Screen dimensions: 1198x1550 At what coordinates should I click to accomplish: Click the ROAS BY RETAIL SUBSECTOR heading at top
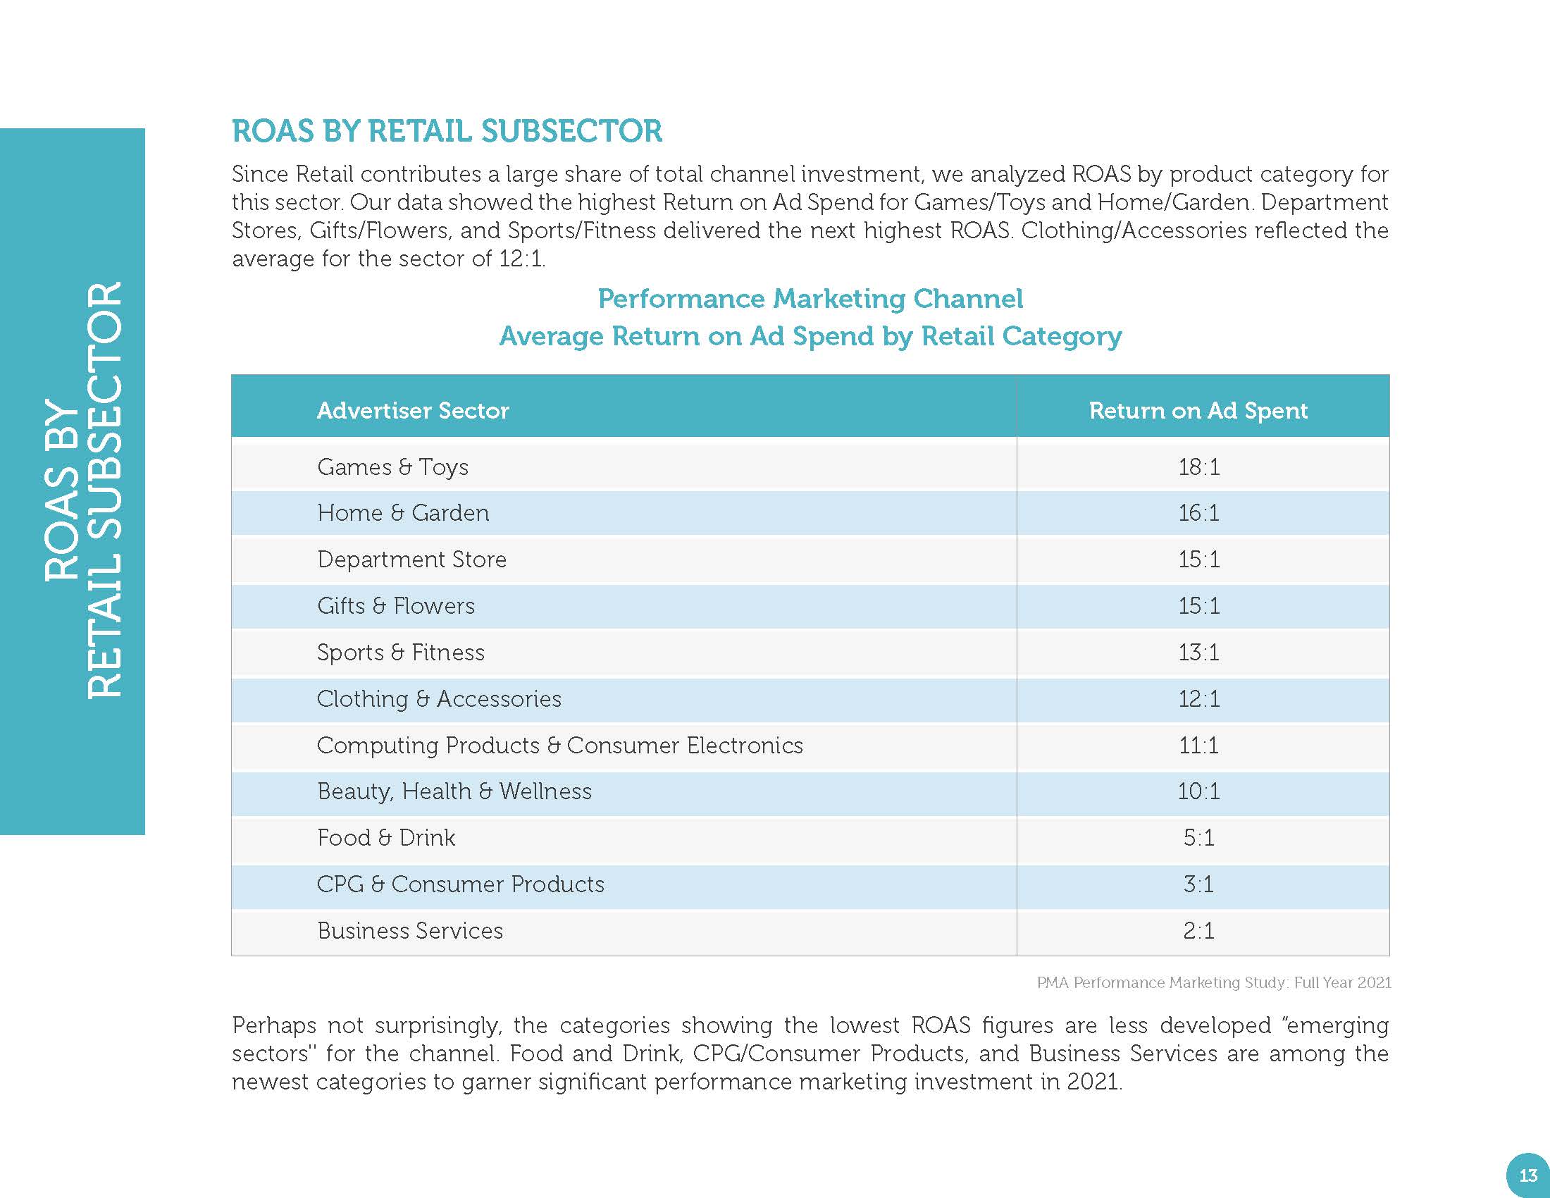(x=447, y=131)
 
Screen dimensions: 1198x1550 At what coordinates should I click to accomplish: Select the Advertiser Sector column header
(x=412, y=410)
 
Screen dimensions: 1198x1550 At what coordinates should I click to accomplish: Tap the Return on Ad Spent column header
(x=1198, y=410)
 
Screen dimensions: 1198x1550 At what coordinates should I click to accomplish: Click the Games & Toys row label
(x=392, y=467)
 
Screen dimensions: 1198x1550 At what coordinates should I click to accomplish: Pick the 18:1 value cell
(x=1198, y=467)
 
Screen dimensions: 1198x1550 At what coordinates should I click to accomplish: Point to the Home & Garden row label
(x=403, y=513)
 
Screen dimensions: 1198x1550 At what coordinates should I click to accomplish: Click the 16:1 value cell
(x=1198, y=513)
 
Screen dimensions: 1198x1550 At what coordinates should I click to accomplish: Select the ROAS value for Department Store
(x=1198, y=560)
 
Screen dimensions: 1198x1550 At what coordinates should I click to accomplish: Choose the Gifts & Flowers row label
(x=396, y=606)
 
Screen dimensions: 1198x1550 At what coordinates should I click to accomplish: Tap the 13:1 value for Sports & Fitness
(x=1198, y=653)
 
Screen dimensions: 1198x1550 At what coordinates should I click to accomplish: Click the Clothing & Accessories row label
(x=439, y=699)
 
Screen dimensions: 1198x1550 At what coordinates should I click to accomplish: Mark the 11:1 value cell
(x=1198, y=745)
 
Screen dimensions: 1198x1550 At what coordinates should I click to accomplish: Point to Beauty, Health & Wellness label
(x=454, y=791)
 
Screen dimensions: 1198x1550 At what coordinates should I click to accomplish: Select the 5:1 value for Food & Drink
(x=1198, y=837)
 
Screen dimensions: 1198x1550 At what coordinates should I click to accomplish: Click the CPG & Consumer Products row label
(x=461, y=884)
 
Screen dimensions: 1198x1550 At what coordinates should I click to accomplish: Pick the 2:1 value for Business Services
(x=1198, y=930)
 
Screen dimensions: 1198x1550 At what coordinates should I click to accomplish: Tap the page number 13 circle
(x=1527, y=1175)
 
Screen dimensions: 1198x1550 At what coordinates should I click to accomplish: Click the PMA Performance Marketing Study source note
(x=1214, y=983)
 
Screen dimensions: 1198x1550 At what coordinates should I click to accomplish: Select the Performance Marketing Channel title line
(x=810, y=299)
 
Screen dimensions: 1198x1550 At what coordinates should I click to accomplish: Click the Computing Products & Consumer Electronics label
(x=560, y=745)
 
